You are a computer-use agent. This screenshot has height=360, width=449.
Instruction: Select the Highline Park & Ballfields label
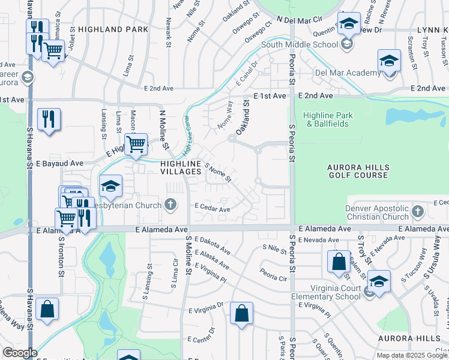tap(328, 119)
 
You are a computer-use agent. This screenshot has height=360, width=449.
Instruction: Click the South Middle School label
tap(300, 44)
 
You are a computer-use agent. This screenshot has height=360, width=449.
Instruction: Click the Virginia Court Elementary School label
tap(327, 293)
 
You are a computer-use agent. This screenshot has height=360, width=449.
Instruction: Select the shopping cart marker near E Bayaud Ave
tap(136, 145)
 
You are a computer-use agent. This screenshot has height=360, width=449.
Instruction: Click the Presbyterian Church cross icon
tap(170, 205)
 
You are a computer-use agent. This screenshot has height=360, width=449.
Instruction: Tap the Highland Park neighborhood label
tap(113, 29)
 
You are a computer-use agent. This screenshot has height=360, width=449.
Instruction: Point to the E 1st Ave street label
tap(271, 96)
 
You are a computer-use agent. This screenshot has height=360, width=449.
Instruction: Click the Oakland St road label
tap(243, 118)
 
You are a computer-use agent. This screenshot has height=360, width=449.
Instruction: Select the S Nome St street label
tap(218, 173)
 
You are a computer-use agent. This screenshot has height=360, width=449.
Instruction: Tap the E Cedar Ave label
tap(212, 209)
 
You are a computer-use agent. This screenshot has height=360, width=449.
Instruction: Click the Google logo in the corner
tap(19, 353)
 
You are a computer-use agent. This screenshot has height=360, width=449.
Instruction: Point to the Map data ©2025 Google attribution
tap(412, 355)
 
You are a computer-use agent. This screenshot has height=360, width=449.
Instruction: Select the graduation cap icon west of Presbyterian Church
tap(110, 187)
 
